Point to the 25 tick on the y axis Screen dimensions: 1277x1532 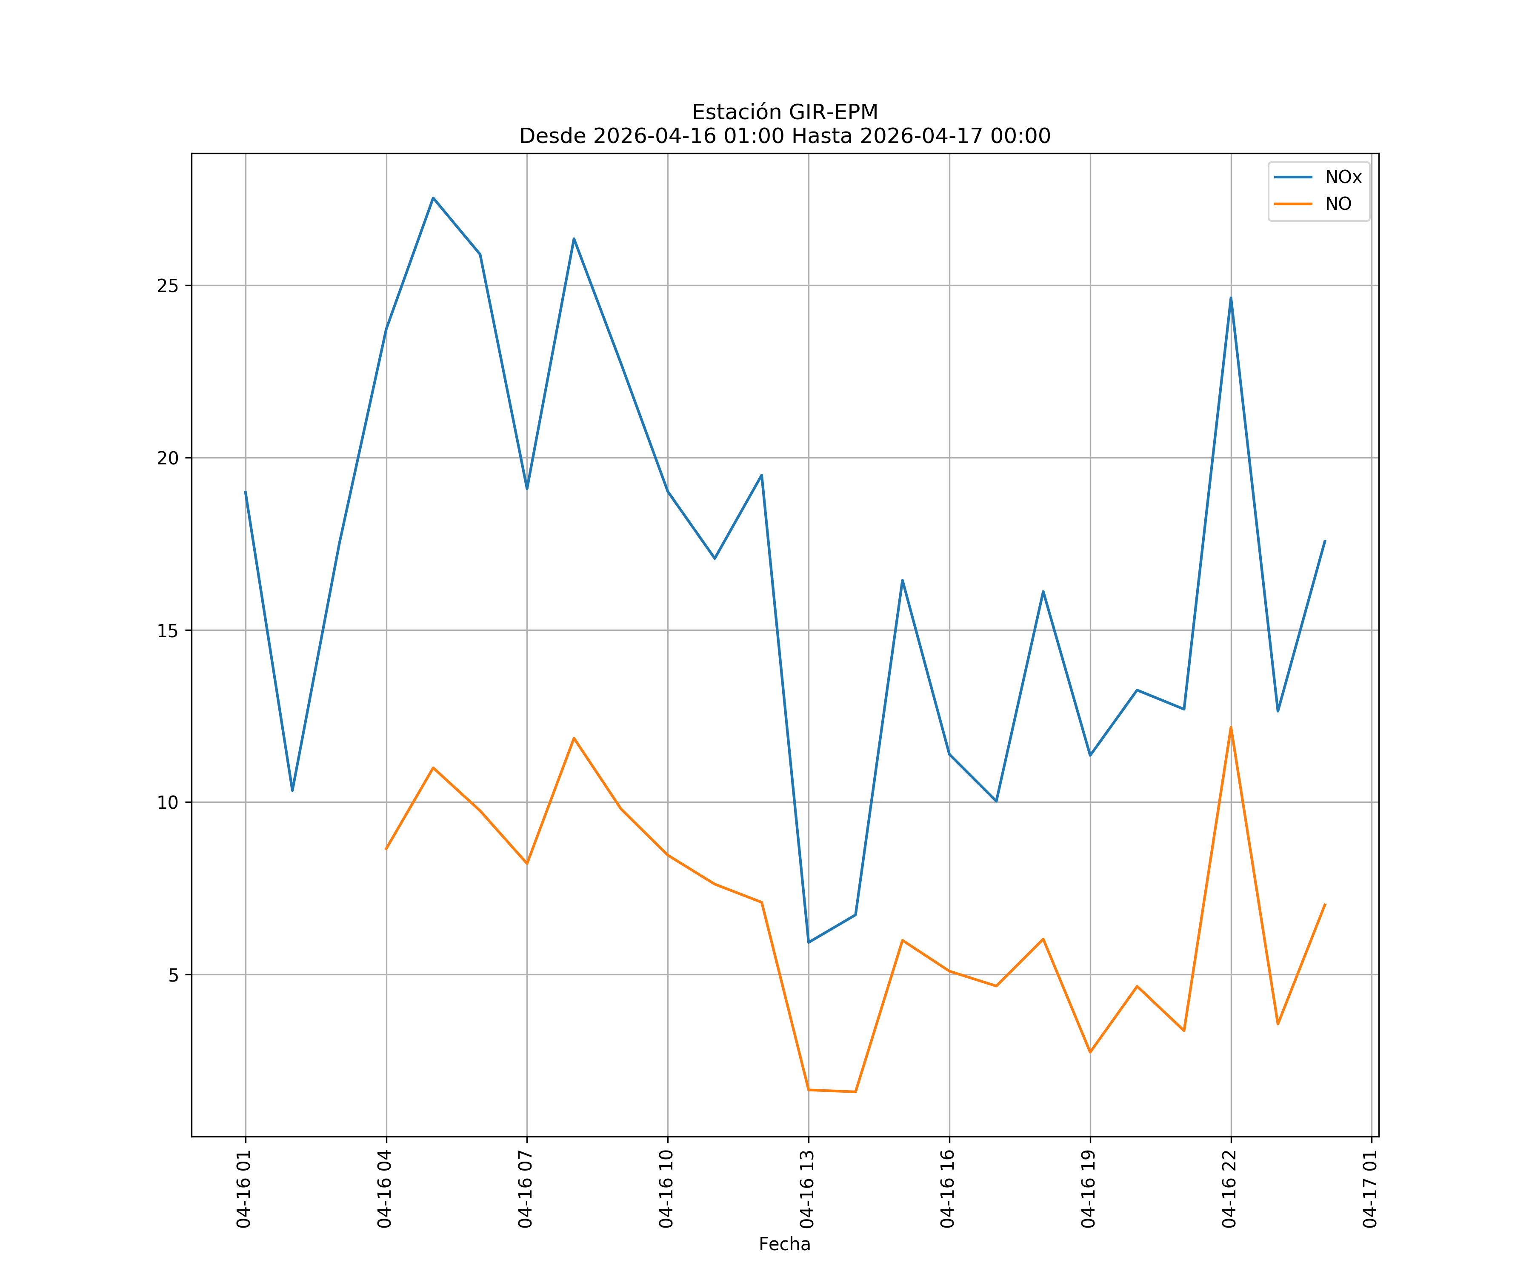click(x=168, y=285)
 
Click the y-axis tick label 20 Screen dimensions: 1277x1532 click(x=168, y=458)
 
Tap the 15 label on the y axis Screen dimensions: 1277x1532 click(x=168, y=630)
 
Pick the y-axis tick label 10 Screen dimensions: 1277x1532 click(x=168, y=803)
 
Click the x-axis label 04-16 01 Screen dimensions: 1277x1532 click(x=244, y=1189)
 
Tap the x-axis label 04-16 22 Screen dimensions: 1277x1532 click(x=1229, y=1189)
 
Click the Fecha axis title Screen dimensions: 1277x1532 click(x=784, y=1244)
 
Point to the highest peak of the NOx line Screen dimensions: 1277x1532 click(x=433, y=198)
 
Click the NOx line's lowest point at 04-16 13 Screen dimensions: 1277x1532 click(x=808, y=942)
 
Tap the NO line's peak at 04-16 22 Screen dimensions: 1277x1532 click(x=1231, y=727)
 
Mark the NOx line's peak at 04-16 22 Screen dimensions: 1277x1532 click(x=1231, y=298)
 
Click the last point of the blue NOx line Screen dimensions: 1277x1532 click(x=1325, y=541)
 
